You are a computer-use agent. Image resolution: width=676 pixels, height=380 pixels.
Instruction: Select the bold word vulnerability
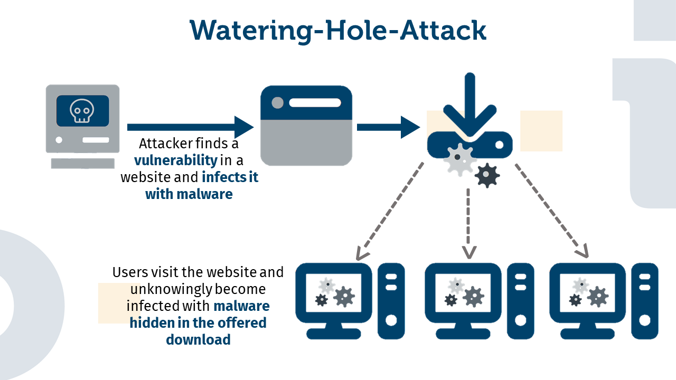click(x=175, y=160)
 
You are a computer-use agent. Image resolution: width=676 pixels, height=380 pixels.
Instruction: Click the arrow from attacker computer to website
click(x=190, y=127)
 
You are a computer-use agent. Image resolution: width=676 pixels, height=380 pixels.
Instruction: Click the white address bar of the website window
click(x=315, y=102)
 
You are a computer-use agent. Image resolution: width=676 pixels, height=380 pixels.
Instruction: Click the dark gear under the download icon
click(x=486, y=175)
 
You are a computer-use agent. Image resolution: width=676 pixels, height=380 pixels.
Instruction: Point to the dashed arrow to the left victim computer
click(x=391, y=211)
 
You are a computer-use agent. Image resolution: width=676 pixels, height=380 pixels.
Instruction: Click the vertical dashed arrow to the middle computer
click(x=468, y=222)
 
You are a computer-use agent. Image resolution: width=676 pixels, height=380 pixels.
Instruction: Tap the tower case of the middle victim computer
click(x=520, y=301)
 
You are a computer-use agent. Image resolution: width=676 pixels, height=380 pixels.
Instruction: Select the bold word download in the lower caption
click(x=198, y=339)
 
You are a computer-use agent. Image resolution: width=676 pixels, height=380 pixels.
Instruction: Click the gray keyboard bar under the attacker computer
click(x=82, y=163)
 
